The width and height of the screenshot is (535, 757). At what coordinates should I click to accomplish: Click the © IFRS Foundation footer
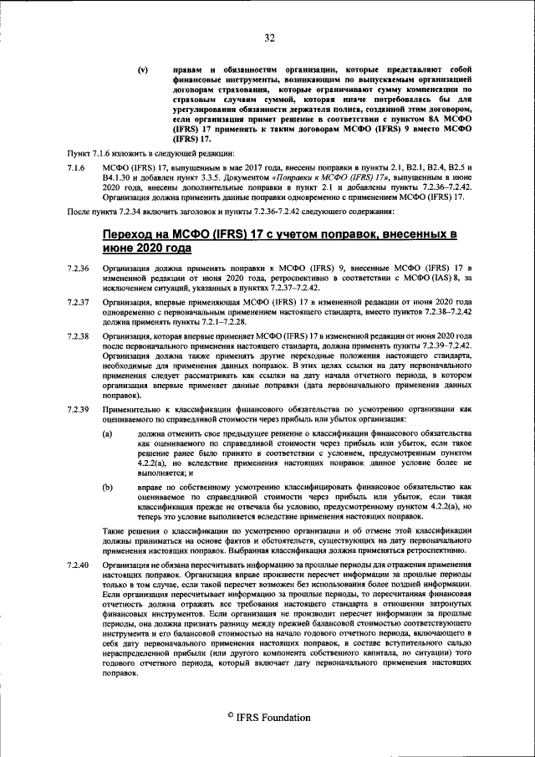click(x=268, y=718)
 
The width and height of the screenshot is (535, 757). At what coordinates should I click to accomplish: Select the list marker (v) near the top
click(x=144, y=69)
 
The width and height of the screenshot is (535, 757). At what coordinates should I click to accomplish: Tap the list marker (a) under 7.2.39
click(x=107, y=435)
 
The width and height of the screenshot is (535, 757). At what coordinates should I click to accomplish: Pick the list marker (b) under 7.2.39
click(x=107, y=486)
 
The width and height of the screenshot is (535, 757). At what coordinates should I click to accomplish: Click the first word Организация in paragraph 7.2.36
click(x=127, y=268)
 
